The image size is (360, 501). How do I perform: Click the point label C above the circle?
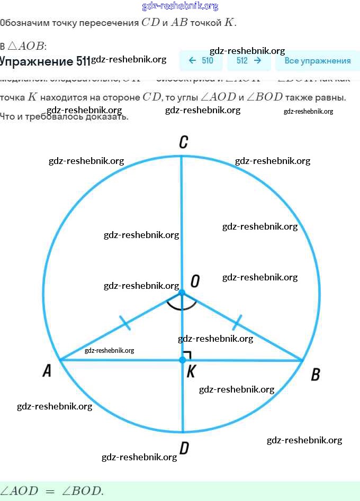point(183,142)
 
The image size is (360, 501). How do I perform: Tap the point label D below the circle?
point(184,449)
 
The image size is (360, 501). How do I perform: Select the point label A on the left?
point(47,371)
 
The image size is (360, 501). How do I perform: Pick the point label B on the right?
point(315,375)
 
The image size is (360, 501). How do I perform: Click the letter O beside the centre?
point(195,281)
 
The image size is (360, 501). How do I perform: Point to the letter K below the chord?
point(191,371)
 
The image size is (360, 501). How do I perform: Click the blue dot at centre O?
point(182,293)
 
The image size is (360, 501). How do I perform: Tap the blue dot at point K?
point(182,360)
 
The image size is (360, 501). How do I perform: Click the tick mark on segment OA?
point(125,323)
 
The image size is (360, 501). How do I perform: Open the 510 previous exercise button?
point(201,61)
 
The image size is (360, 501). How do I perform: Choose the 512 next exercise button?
point(249,61)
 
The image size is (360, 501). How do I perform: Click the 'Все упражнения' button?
point(317,61)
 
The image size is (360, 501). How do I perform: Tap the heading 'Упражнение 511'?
point(45,61)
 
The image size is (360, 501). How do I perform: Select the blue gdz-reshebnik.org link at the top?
point(180,6)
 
